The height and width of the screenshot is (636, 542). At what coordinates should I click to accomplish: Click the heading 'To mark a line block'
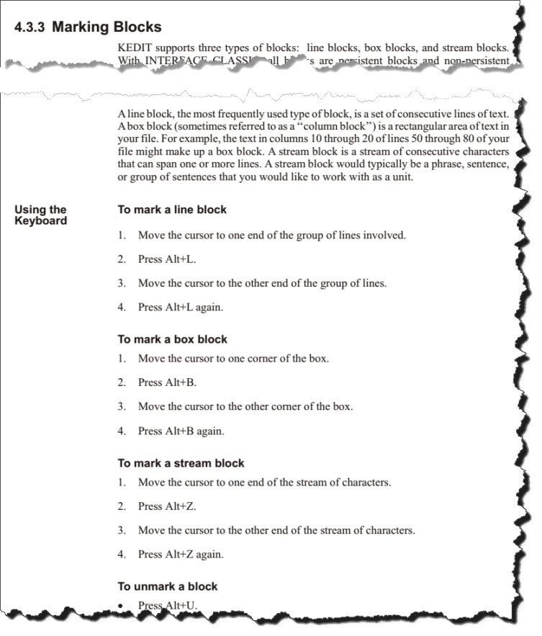[x=172, y=210]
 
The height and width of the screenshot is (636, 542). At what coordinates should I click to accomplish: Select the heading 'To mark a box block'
[x=172, y=339]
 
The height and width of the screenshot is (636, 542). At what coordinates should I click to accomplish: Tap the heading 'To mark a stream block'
[x=181, y=463]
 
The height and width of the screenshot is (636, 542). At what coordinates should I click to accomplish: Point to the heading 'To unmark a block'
[x=167, y=586]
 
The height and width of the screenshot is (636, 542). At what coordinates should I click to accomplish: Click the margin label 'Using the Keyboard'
[x=40, y=215]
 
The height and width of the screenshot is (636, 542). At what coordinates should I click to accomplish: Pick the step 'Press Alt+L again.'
[x=181, y=307]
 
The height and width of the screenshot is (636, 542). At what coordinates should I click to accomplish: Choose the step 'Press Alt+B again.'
[x=181, y=431]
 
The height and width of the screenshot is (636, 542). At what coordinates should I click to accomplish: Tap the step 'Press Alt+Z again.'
[x=181, y=555]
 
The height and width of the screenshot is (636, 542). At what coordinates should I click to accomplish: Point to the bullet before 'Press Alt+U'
[x=122, y=606]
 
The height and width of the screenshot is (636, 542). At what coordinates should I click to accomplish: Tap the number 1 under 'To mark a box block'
[x=122, y=358]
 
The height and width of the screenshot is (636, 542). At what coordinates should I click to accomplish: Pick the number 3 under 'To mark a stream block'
[x=122, y=531]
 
